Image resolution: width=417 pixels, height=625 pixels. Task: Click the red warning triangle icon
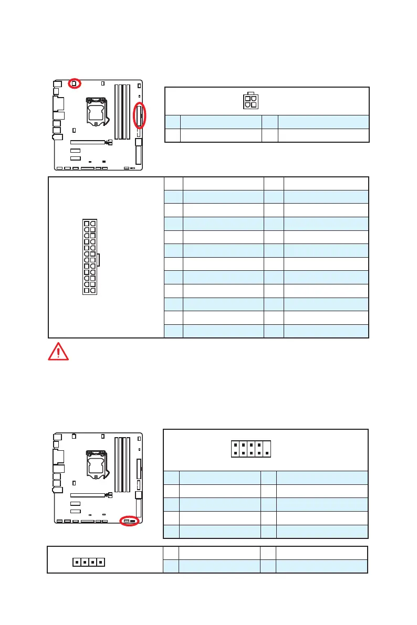[x=58, y=351]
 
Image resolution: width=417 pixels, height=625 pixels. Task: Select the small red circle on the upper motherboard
[x=74, y=83]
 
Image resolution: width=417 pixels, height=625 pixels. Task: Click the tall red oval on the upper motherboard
[x=139, y=115]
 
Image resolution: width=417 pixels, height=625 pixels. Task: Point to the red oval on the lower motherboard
[x=129, y=521]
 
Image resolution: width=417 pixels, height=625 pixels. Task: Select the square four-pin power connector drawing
[x=251, y=101]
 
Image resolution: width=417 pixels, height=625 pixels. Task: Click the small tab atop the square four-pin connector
[x=251, y=93]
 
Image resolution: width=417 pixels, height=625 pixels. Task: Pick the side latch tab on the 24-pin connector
[x=98, y=259]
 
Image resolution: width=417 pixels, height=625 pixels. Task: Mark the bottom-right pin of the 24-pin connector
[x=93, y=290]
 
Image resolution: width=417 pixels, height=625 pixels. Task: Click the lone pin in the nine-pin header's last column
[x=267, y=453]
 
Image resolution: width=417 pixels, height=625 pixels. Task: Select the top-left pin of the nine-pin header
[x=235, y=444]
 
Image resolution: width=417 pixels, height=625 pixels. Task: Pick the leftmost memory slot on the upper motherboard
[x=116, y=111]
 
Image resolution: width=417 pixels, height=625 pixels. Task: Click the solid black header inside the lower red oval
[x=133, y=521]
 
